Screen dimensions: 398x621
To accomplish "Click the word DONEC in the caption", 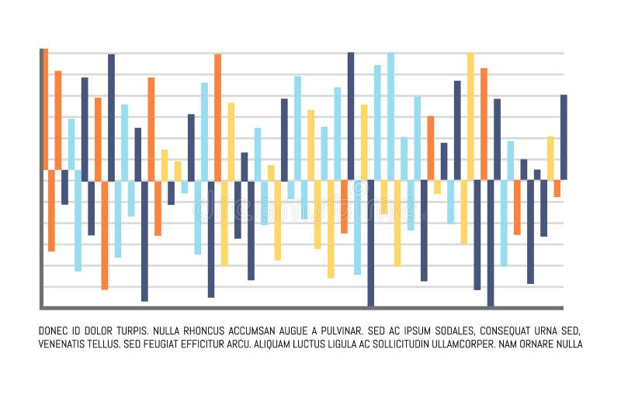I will click(x=53, y=331).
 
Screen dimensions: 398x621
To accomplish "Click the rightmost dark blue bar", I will click(x=564, y=137).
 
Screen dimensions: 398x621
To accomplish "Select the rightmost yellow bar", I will click(x=550, y=158).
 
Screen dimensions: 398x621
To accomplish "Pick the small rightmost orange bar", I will click(x=557, y=189).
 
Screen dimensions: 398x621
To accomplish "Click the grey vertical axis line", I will click(x=41, y=178).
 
